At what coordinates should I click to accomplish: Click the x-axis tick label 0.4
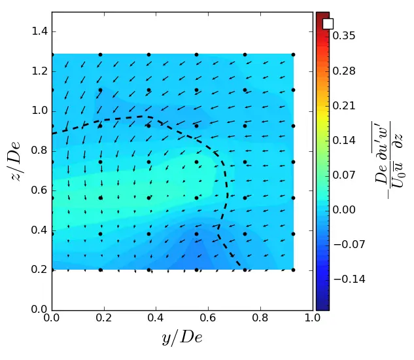pyautogui.click(x=156, y=319)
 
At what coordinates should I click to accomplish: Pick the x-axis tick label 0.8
pyautogui.click(x=260, y=319)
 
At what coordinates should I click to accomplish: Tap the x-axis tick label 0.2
pyautogui.click(x=104, y=319)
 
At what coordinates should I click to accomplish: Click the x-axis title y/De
pyautogui.click(x=182, y=338)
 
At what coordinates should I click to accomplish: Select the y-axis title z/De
pyautogui.click(x=16, y=160)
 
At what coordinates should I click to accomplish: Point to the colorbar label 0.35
pyautogui.click(x=343, y=36)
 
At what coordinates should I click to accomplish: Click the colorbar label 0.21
pyautogui.click(x=343, y=105)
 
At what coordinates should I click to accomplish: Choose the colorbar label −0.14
pyautogui.click(x=341, y=279)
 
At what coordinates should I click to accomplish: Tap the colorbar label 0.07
pyautogui.click(x=343, y=175)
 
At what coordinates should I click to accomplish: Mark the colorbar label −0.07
pyautogui.click(x=341, y=244)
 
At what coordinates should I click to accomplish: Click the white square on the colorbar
pyautogui.click(x=328, y=24)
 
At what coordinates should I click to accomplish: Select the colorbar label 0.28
pyautogui.click(x=343, y=71)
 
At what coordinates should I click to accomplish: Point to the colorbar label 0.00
pyautogui.click(x=343, y=209)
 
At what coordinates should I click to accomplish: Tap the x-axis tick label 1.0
pyautogui.click(x=313, y=319)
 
